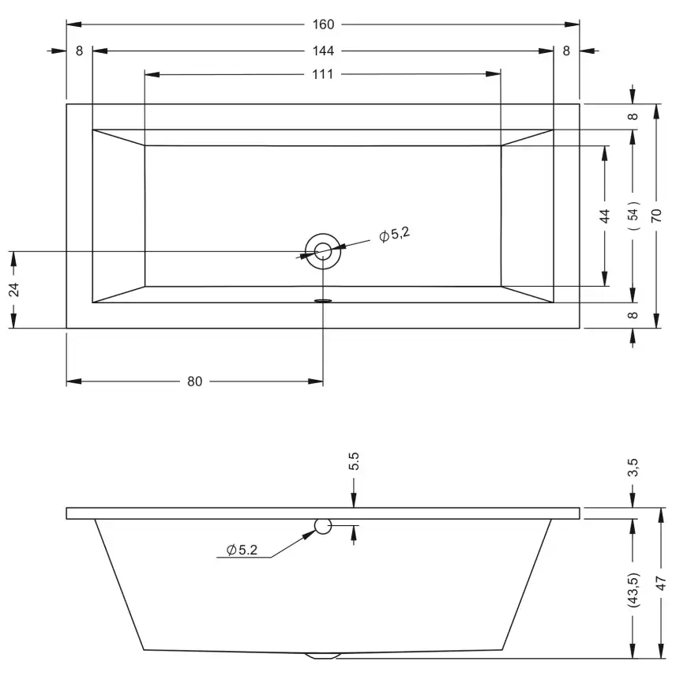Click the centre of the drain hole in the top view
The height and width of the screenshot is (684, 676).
323,251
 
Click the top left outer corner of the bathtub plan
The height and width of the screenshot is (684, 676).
66,103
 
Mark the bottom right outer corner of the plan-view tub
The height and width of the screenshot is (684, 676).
580,328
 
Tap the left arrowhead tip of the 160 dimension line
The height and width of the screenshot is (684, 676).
66,24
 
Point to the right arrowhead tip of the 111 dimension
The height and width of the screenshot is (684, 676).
501,74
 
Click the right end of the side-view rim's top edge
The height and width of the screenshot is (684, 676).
580,508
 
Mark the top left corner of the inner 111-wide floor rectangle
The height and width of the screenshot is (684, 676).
145,145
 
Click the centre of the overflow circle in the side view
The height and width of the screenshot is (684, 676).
323,526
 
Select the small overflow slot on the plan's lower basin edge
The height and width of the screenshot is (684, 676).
323,301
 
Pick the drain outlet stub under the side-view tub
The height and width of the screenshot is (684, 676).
323,656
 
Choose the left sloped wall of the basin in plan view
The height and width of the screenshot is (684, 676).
118,216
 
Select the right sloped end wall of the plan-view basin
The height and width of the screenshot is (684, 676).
528,216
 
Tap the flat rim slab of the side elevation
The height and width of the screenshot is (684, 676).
323,513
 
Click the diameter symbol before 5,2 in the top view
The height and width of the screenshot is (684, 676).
384,237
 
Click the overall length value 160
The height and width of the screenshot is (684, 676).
323,24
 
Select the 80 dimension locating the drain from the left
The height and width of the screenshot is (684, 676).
194,381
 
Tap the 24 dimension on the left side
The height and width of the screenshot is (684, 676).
14,290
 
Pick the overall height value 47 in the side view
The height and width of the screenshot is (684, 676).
661,583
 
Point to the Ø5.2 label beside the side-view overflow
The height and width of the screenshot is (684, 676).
242,550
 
